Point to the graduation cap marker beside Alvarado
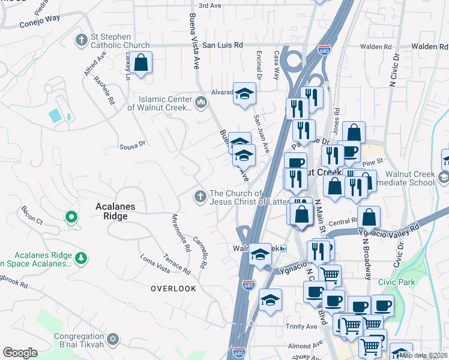click(244, 94)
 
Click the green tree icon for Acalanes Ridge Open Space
click(80, 258)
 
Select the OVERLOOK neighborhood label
click(173, 289)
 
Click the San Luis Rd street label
click(222, 45)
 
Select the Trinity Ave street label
click(301, 326)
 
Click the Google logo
click(20, 353)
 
